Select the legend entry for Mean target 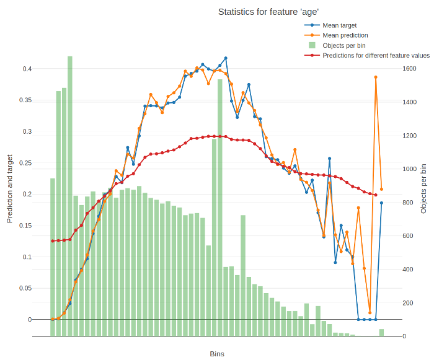[x=339, y=25]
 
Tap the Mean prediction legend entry [x=345, y=35]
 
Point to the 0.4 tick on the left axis [x=27, y=69]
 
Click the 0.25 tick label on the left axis [x=25, y=163]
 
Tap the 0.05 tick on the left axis [x=25, y=288]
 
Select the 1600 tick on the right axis [x=409, y=69]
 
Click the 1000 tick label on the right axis [x=409, y=169]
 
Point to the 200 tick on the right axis [x=407, y=303]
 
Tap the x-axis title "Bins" [x=217, y=354]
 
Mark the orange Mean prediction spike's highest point [x=376, y=77]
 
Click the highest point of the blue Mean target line [x=226, y=58]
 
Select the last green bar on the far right [x=381, y=333]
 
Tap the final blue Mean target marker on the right [x=381, y=203]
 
